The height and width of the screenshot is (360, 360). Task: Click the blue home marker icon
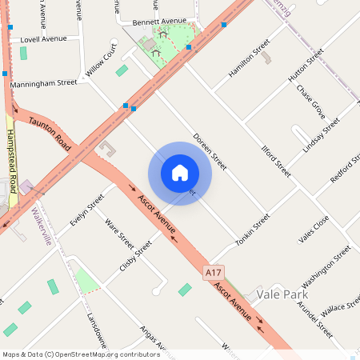coord(180,173)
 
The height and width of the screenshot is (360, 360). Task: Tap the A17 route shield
coord(212,273)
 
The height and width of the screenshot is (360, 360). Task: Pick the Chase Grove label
coord(310,105)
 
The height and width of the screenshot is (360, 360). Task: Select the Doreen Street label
coord(210,151)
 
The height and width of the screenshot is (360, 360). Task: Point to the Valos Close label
coord(314,230)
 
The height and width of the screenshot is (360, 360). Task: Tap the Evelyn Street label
coord(87,210)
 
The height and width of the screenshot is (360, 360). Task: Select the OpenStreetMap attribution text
coord(80,354)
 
